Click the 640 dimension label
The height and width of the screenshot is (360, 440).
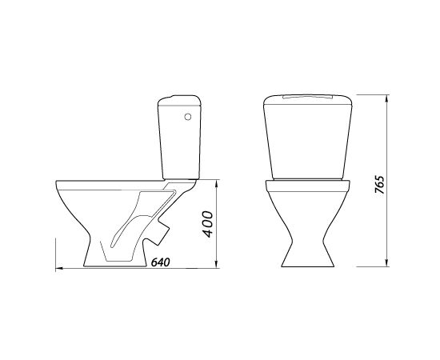161,262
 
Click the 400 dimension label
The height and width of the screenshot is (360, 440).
208,224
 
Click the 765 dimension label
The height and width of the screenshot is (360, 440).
379,184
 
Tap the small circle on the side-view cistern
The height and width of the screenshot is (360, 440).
188,117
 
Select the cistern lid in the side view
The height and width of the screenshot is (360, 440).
179,101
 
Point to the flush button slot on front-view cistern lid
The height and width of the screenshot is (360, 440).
307,97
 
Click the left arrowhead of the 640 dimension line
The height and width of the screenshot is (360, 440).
59,269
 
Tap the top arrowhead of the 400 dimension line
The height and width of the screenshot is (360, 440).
216,184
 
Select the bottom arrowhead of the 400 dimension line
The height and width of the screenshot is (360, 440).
216,264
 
